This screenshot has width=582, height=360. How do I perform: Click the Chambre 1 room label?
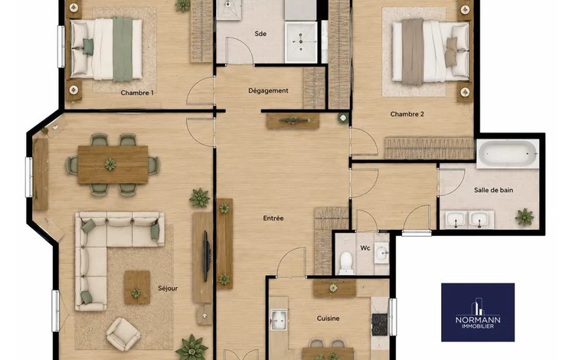coord(137,93)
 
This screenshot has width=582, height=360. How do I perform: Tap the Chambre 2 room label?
coord(407,114)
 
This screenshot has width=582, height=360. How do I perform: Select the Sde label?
coord(260,34)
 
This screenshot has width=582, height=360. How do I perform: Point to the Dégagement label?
coord(268,90)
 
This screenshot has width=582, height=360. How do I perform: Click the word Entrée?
coord(273,218)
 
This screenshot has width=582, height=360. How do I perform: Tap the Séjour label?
coord(168,288)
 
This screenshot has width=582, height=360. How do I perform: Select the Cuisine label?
coord(328,319)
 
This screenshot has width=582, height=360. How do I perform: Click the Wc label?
coord(365,247)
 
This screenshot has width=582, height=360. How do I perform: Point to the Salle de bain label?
coord(493,190)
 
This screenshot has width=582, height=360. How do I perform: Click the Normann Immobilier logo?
coord(478,313)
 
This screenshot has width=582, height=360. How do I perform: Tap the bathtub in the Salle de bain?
coord(508,154)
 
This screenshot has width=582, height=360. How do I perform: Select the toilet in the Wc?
coord(346,263)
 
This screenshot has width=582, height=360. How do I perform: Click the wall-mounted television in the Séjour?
coord(206,256)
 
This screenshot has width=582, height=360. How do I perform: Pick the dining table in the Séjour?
coord(113,165)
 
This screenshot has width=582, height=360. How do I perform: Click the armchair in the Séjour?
coord(123,334)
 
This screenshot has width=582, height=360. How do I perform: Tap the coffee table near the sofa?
coord(137,287)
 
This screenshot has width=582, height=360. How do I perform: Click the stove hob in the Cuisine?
coord(380,325)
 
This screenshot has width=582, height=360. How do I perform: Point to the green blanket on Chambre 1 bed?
coord(123,49)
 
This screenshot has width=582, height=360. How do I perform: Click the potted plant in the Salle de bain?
coord(525,217)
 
